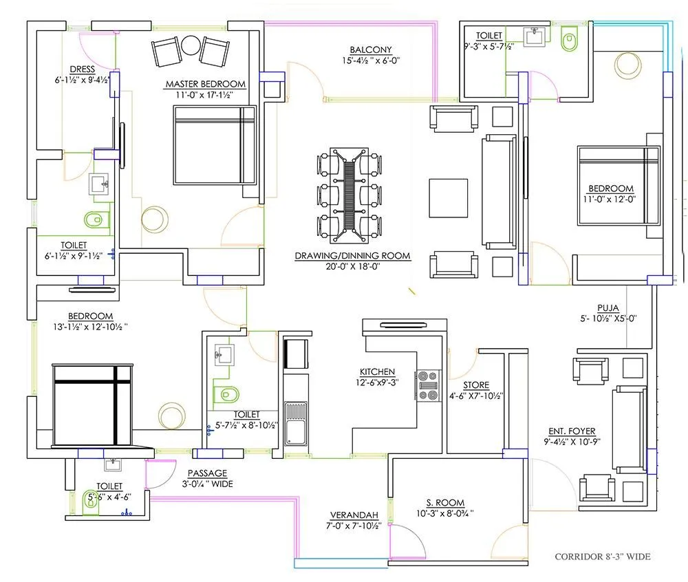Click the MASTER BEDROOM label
tap(205, 84)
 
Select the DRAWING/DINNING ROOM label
tap(352, 255)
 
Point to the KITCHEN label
tap(376, 371)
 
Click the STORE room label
tap(476, 385)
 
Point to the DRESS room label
tap(82, 69)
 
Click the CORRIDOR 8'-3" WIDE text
tap(602, 557)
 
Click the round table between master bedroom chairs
tap(191, 47)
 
